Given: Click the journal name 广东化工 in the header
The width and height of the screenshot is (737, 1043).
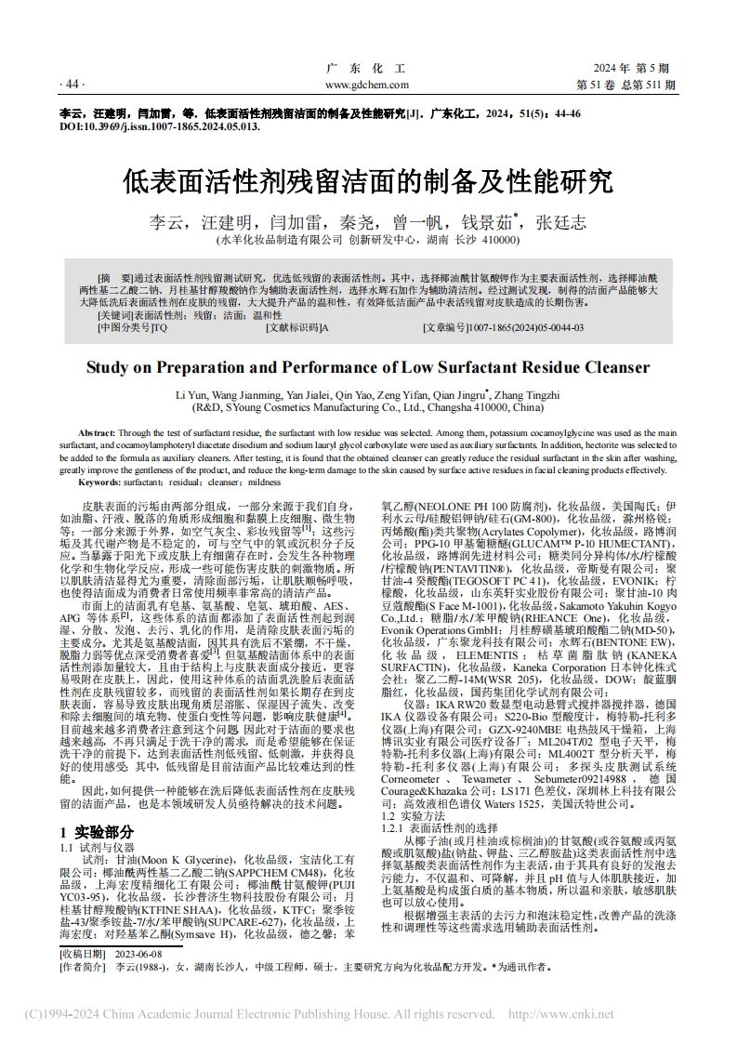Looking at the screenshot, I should pos(367,69).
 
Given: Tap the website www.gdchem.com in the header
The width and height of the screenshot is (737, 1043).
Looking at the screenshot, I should pos(367,85).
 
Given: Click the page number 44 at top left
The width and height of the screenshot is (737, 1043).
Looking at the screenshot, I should pos(72,85).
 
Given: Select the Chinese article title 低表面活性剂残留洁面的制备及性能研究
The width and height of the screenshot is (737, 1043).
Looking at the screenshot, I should pos(367,179).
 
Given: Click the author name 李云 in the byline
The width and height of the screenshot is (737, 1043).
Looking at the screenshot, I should pos(168,223).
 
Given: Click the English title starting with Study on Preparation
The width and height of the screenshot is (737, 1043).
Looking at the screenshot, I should pos(367,367).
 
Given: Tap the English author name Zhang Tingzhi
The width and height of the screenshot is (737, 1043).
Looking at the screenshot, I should pos(526,394).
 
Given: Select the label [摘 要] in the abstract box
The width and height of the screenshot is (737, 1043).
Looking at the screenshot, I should pos(115,278).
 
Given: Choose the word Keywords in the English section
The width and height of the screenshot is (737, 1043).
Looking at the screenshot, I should pos(100,482).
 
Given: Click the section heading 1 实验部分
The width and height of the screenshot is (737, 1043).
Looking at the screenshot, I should pos(97,831).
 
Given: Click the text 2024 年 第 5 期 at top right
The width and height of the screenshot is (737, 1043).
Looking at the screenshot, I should pos(630,69).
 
